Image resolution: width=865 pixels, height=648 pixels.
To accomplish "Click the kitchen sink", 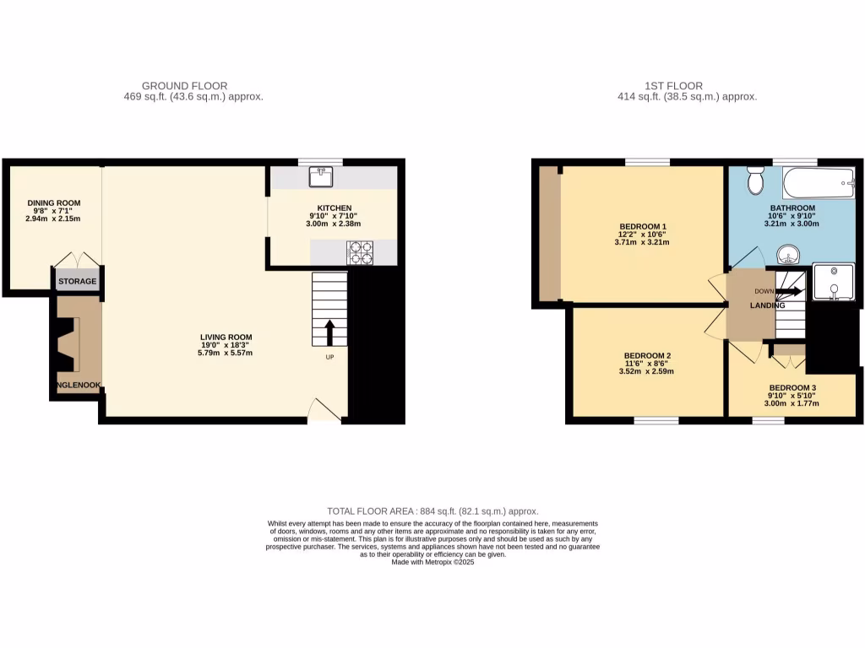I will (321, 177).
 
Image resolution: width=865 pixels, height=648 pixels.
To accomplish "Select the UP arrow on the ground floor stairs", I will (329, 332).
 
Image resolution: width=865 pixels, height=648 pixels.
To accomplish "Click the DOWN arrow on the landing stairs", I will (789, 291).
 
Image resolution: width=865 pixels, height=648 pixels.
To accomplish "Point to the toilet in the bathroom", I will (755, 181).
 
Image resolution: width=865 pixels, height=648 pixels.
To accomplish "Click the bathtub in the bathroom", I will (819, 180).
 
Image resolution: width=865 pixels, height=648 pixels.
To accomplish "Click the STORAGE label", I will (78, 281).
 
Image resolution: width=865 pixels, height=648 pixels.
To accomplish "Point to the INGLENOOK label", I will (75, 386).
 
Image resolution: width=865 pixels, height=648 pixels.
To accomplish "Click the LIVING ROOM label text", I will (226, 337).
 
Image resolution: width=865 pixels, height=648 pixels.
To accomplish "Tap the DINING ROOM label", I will (53, 203).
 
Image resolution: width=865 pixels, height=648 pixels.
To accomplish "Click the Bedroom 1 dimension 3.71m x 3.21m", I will (641, 242).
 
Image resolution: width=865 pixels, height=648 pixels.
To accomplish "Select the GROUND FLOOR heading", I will (184, 86).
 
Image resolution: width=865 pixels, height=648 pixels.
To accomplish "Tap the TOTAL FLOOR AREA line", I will (432, 511).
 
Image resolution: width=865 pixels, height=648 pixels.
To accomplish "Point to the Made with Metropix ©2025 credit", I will (432, 562).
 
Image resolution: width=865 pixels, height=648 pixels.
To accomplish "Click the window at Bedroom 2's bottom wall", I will (656, 419).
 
